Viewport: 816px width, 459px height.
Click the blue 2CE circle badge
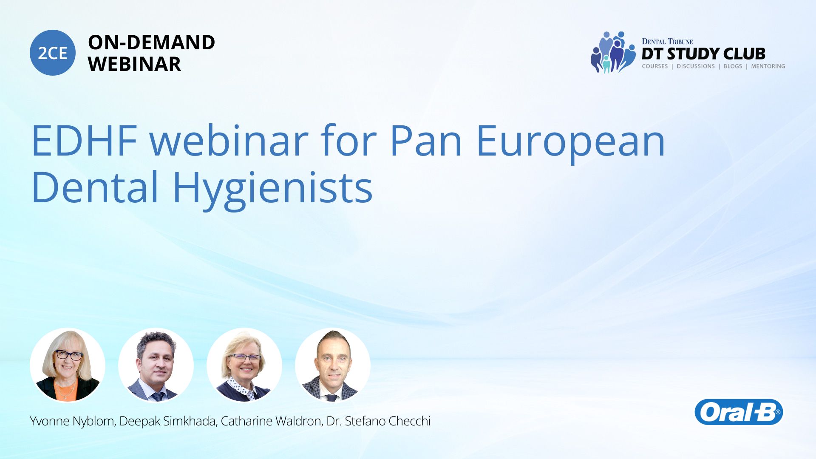53,53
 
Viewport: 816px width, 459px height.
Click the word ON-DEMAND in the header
151,42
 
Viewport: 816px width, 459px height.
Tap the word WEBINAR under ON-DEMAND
134,64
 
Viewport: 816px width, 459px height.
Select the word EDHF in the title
85,141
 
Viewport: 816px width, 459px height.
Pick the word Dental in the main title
95,187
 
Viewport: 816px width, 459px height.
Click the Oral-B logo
739,412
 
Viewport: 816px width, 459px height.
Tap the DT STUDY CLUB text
703,54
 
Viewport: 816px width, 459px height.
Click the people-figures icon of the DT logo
612,52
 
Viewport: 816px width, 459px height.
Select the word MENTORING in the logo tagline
768,66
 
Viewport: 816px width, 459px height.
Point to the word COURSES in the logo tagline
655,66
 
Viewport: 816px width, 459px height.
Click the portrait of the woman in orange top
68,365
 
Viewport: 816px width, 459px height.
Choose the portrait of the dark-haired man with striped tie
156,365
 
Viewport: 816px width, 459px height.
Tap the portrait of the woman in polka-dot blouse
244,365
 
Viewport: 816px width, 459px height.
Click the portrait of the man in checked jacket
333,365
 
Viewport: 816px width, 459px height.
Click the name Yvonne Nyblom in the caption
72,421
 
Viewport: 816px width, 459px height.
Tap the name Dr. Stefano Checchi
378,421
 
